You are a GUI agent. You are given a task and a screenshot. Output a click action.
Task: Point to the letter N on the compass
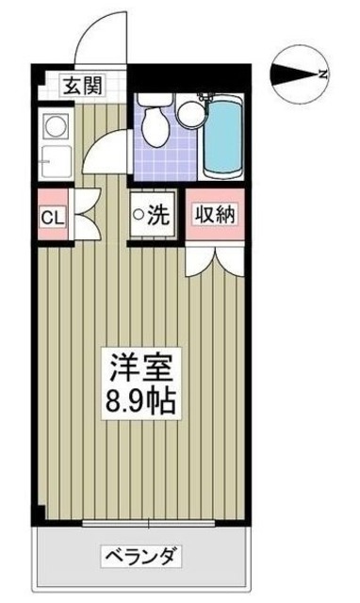point(323,73)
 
